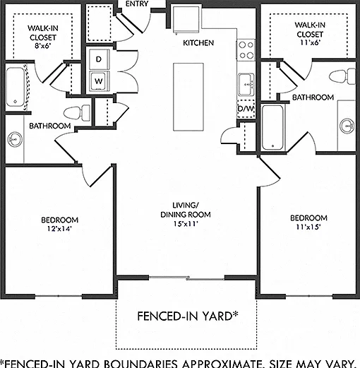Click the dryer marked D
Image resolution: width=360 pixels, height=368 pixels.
100,59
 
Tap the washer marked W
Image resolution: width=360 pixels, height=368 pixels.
100,81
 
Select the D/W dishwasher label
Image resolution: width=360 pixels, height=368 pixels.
246,109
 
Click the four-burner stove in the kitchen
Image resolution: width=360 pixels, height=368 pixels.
246,50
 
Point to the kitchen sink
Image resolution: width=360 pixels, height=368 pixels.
246,85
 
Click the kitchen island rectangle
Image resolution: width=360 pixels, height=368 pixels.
188,97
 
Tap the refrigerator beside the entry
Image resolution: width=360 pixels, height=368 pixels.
186,20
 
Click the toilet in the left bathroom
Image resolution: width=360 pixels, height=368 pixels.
77,112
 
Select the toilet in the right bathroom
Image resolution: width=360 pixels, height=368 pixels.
342,76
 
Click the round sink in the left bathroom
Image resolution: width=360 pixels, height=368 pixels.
16,140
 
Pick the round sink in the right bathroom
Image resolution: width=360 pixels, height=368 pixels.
347,126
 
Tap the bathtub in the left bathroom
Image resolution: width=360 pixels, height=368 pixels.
16,87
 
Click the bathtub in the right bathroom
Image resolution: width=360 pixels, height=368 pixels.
272,127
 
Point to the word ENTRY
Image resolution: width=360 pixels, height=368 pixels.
137,4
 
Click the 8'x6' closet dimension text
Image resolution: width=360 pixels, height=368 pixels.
43,46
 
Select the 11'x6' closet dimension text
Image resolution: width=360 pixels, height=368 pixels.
310,42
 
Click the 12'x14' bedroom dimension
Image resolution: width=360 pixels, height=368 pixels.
59,229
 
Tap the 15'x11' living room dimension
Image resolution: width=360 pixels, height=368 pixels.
186,224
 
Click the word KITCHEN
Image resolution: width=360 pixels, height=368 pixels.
198,43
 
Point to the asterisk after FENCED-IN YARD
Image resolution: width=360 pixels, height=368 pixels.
235,314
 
